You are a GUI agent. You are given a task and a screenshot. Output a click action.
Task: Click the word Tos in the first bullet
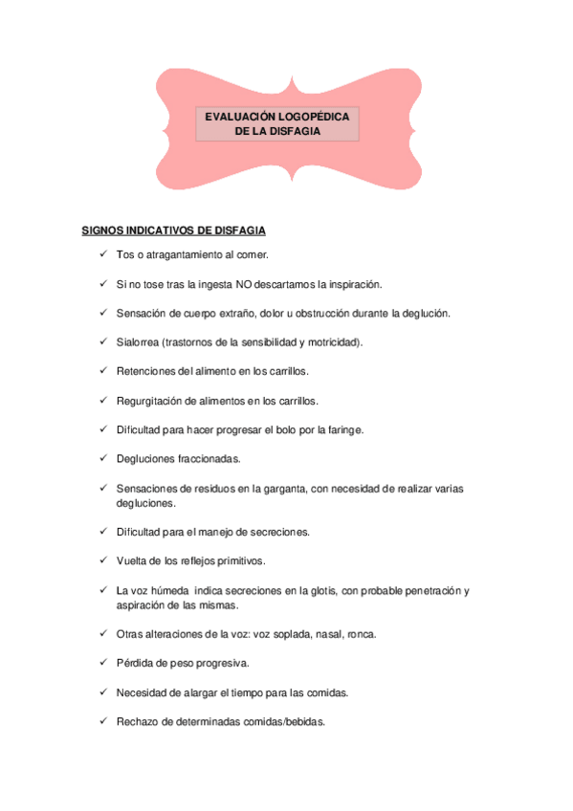pyautogui.click(x=124, y=255)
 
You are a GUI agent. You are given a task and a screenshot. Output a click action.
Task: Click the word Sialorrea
pyautogui.click(x=137, y=341)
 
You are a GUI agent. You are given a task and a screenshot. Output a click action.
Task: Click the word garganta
pyautogui.click(x=275, y=489)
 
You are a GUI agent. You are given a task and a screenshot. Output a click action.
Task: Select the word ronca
pyautogui.click(x=362, y=633)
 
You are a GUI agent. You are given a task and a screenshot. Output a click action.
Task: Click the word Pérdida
pyautogui.click(x=135, y=663)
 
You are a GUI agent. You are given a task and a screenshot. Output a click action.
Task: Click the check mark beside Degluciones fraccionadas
pyautogui.click(x=102, y=459)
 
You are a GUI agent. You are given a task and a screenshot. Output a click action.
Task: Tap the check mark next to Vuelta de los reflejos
pyautogui.click(x=102, y=559)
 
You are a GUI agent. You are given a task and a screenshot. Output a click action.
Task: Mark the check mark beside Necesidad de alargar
pyautogui.click(x=102, y=692)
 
